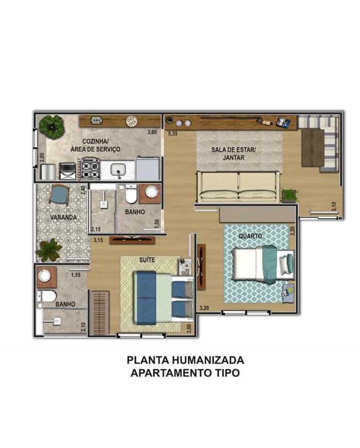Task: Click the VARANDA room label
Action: click(63, 218)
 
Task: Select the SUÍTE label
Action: click(147, 260)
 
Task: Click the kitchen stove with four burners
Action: click(91, 169)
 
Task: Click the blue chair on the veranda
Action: click(59, 194)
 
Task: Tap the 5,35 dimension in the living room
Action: click(173, 133)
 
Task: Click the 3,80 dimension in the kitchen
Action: click(152, 132)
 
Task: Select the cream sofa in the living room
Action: click(238, 187)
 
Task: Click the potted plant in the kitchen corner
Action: click(51, 127)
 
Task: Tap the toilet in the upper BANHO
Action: click(131, 194)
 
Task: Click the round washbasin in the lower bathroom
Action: click(45, 276)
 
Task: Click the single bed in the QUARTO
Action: click(263, 264)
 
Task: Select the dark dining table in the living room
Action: click(313, 148)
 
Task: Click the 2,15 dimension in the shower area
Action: click(96, 229)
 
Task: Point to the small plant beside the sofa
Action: click(290, 195)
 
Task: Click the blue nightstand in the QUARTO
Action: click(289, 293)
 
